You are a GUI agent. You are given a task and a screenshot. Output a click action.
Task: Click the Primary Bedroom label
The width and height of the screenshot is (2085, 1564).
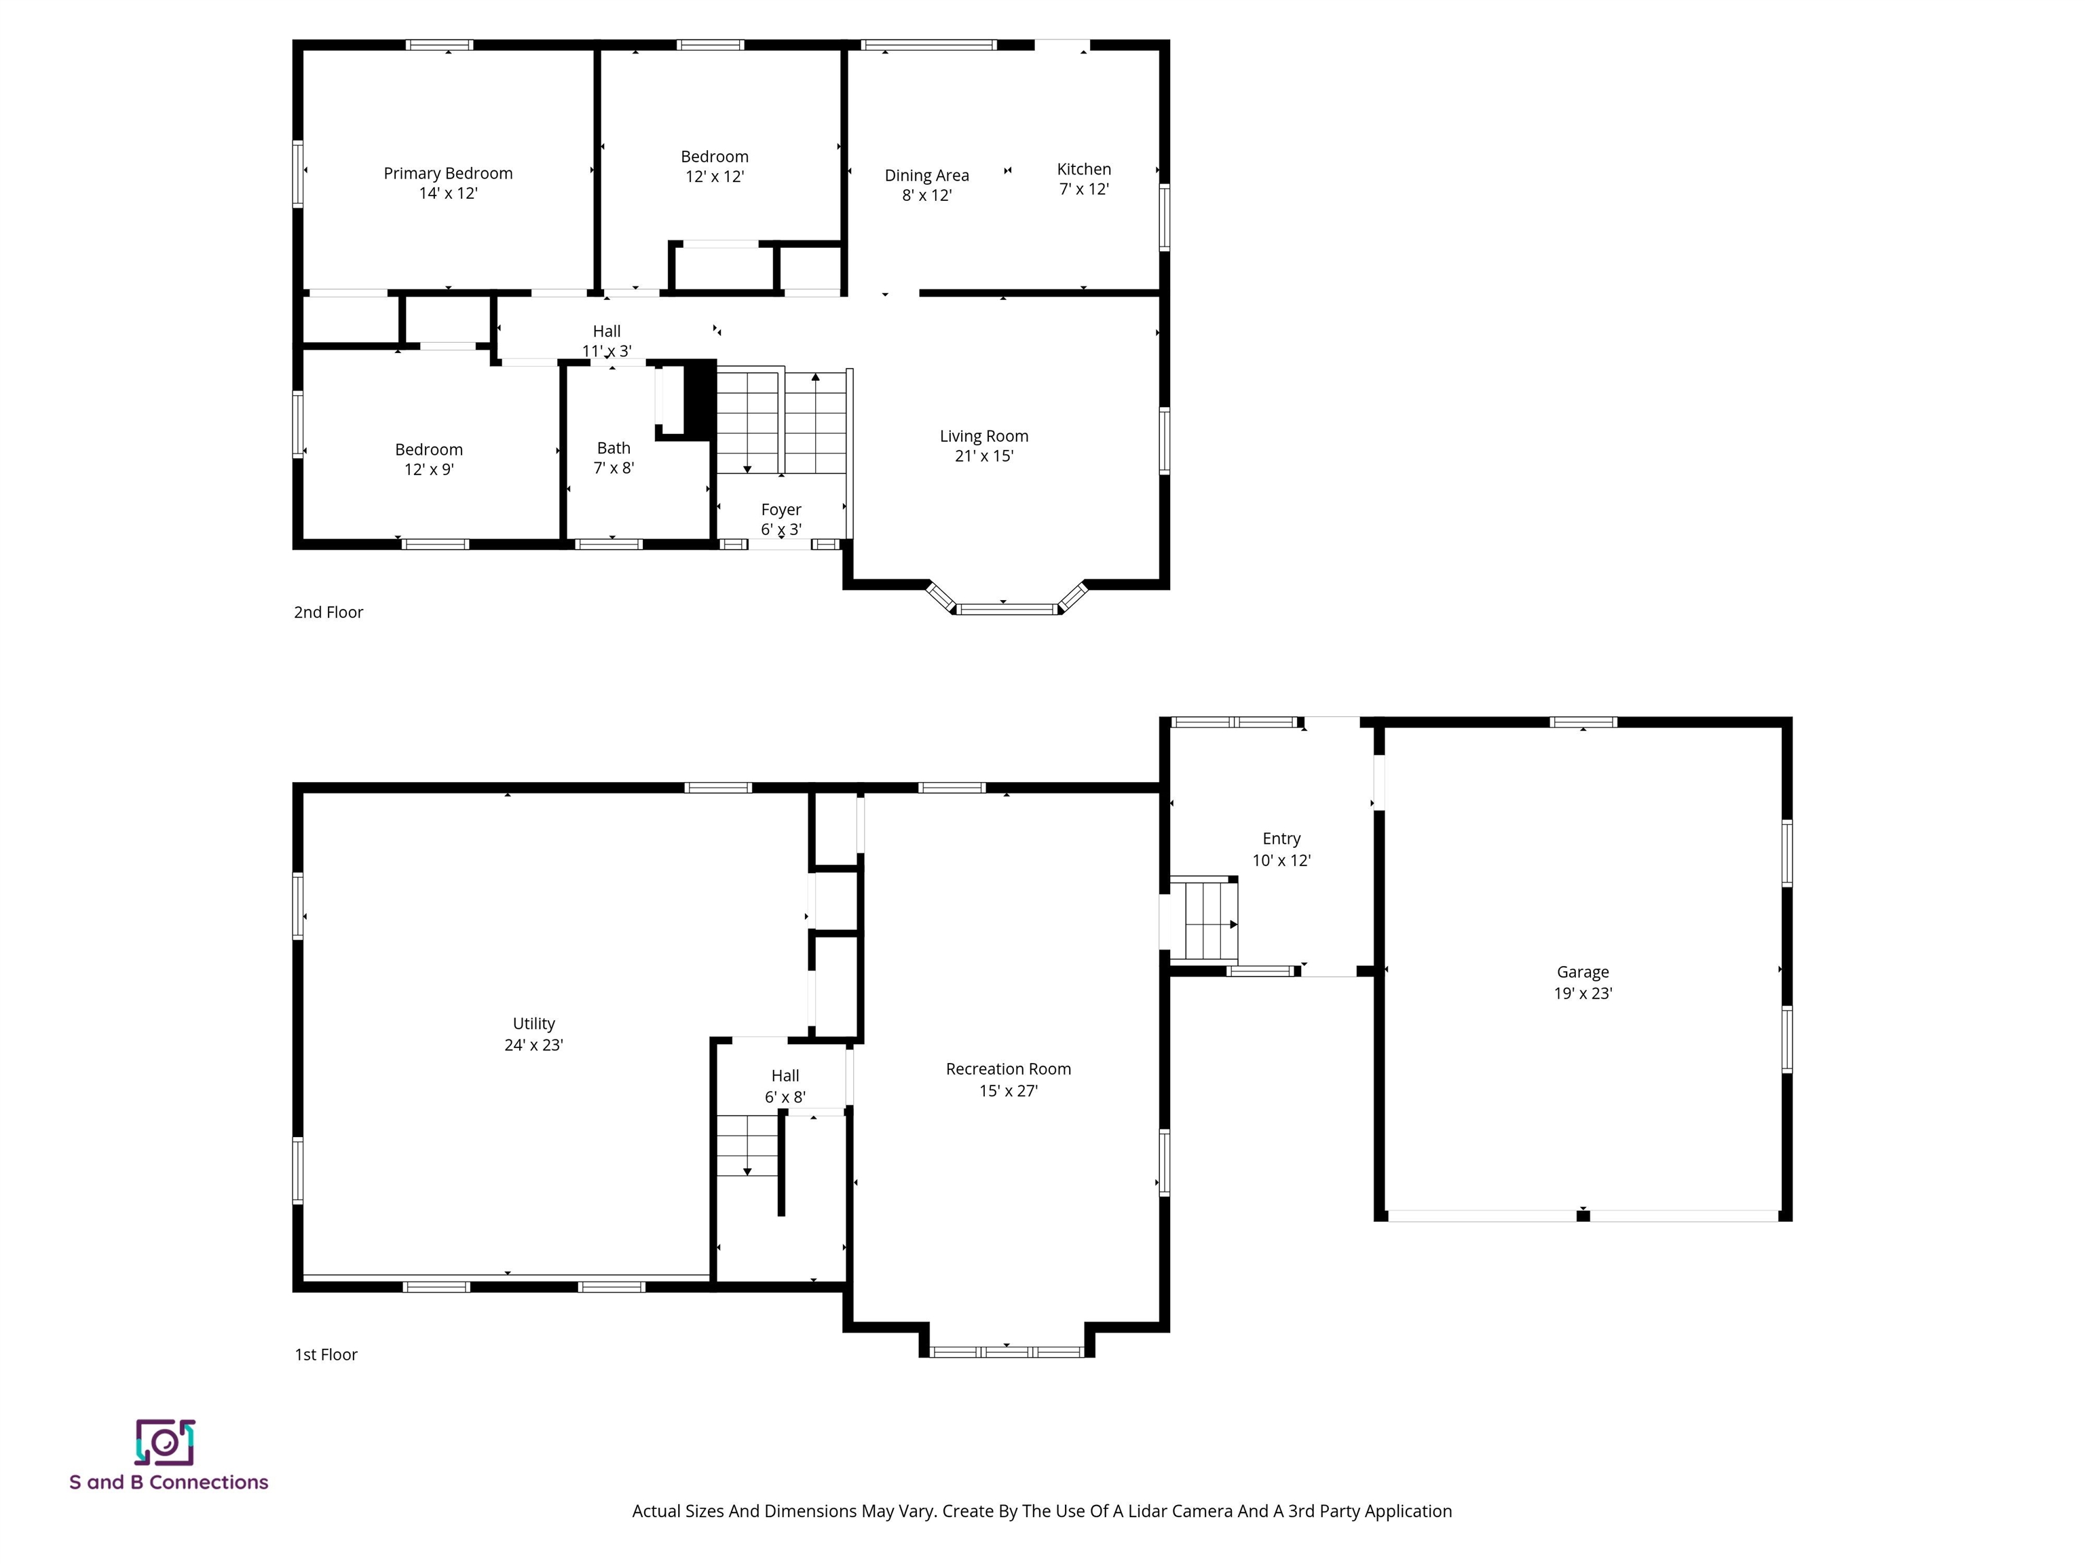pyautogui.click(x=448, y=174)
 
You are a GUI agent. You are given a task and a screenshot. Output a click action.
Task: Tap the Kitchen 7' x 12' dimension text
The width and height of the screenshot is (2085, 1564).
pyautogui.click(x=1083, y=189)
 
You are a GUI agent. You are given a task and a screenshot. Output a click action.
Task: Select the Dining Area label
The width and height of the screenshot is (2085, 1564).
pyautogui.click(x=926, y=175)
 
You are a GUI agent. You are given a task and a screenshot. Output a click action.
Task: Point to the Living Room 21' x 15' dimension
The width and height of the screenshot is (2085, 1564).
pyautogui.click(x=983, y=456)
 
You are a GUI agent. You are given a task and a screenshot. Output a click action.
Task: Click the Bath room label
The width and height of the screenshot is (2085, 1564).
pyautogui.click(x=613, y=449)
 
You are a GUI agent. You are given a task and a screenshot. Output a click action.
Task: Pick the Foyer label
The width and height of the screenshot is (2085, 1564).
pyautogui.click(x=781, y=510)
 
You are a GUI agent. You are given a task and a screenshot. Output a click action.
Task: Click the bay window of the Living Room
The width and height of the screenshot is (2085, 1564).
pyautogui.click(x=1007, y=609)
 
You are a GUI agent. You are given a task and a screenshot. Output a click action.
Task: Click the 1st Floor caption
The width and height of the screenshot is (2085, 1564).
pyautogui.click(x=326, y=1355)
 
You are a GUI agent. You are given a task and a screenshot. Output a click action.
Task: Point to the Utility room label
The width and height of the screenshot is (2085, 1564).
pyautogui.click(x=533, y=1024)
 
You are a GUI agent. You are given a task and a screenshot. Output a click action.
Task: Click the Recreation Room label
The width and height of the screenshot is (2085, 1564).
pyautogui.click(x=1008, y=1069)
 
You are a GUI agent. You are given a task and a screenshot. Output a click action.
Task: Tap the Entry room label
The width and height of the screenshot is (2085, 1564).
pyautogui.click(x=1281, y=839)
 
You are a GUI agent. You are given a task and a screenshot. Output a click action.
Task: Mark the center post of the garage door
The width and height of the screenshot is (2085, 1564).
pyautogui.click(x=1583, y=1216)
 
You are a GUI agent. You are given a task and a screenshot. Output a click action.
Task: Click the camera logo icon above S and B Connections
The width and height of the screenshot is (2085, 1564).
pyautogui.click(x=165, y=1442)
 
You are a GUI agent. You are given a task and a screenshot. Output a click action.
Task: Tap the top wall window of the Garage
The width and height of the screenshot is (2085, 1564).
pyautogui.click(x=1583, y=723)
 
